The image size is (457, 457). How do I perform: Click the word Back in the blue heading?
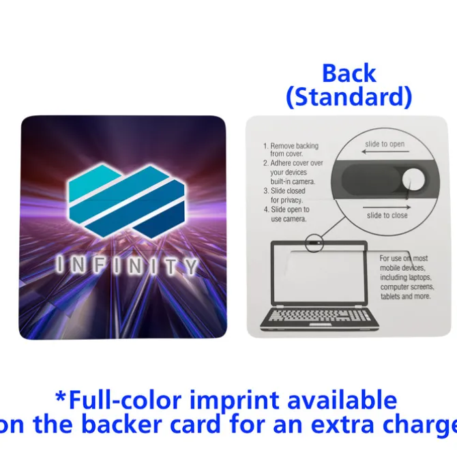click(349, 73)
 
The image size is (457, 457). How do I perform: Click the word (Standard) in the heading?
click(349, 97)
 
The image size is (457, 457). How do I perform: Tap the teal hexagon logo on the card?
click(128, 201)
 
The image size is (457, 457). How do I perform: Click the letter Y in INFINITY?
click(192, 267)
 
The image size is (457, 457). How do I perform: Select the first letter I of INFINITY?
click(61, 265)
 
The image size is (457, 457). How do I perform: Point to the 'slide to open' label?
click(385, 144)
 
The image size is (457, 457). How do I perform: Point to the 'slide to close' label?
click(387, 216)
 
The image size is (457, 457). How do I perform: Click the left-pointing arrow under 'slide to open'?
click(385, 151)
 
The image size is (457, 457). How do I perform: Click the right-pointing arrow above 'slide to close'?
click(387, 207)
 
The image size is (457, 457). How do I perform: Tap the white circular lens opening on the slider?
click(413, 180)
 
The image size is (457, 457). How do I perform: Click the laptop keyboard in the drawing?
click(319, 315)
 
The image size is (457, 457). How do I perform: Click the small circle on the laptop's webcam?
click(314, 243)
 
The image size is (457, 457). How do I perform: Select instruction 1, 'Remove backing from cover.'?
click(291, 149)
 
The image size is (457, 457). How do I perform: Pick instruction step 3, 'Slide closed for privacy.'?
click(284, 195)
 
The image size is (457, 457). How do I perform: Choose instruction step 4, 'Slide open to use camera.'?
click(286, 214)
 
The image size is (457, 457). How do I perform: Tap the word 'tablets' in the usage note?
click(391, 297)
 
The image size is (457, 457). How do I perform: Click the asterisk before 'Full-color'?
click(61, 397)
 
